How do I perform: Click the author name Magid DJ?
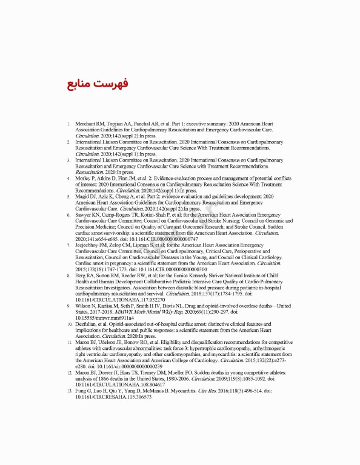pos(88,197)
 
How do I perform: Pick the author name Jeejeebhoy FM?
pos(95,246)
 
